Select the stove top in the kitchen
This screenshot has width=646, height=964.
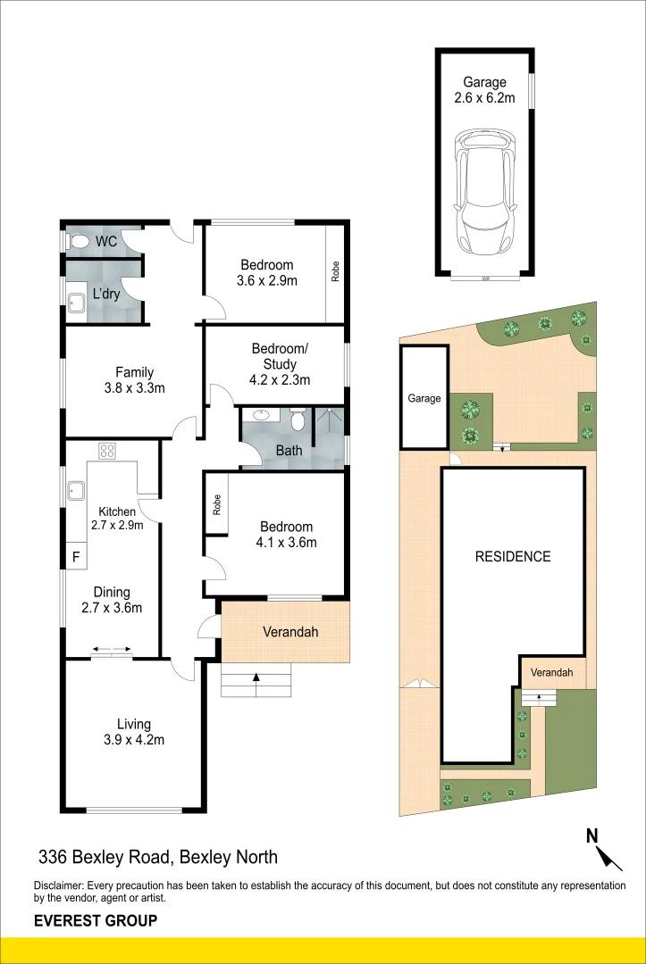point(108,451)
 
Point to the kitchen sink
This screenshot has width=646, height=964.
point(76,490)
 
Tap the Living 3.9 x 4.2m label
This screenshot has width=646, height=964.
point(133,731)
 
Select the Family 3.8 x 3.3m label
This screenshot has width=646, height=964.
point(134,379)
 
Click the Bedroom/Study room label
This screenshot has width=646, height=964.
point(280,363)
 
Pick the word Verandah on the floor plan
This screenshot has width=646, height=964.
point(290,632)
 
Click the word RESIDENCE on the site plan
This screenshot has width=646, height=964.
point(512,556)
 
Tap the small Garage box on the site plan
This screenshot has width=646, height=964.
point(424,398)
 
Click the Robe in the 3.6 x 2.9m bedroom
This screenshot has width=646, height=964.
point(336,271)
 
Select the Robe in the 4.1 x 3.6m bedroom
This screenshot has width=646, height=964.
point(215,503)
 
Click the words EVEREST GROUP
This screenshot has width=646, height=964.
point(96,920)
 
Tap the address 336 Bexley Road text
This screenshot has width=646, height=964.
point(158,858)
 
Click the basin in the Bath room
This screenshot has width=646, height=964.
point(263,415)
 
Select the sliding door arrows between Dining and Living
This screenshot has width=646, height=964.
point(112,651)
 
